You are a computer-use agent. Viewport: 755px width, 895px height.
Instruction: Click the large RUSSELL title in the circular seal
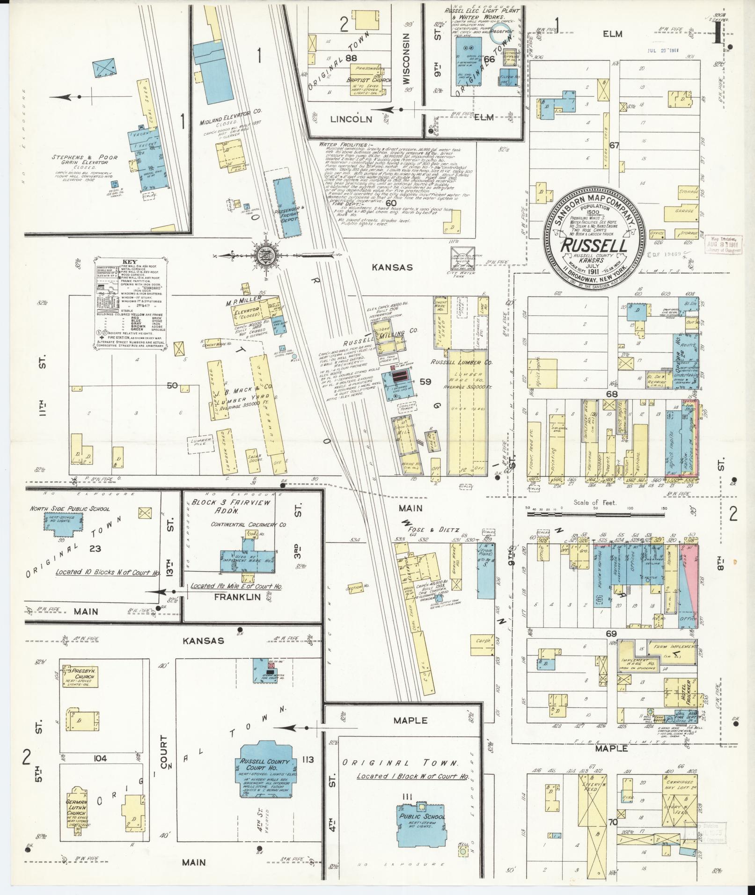tap(594, 245)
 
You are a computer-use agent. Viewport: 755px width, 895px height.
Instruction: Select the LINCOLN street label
tap(351, 119)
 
